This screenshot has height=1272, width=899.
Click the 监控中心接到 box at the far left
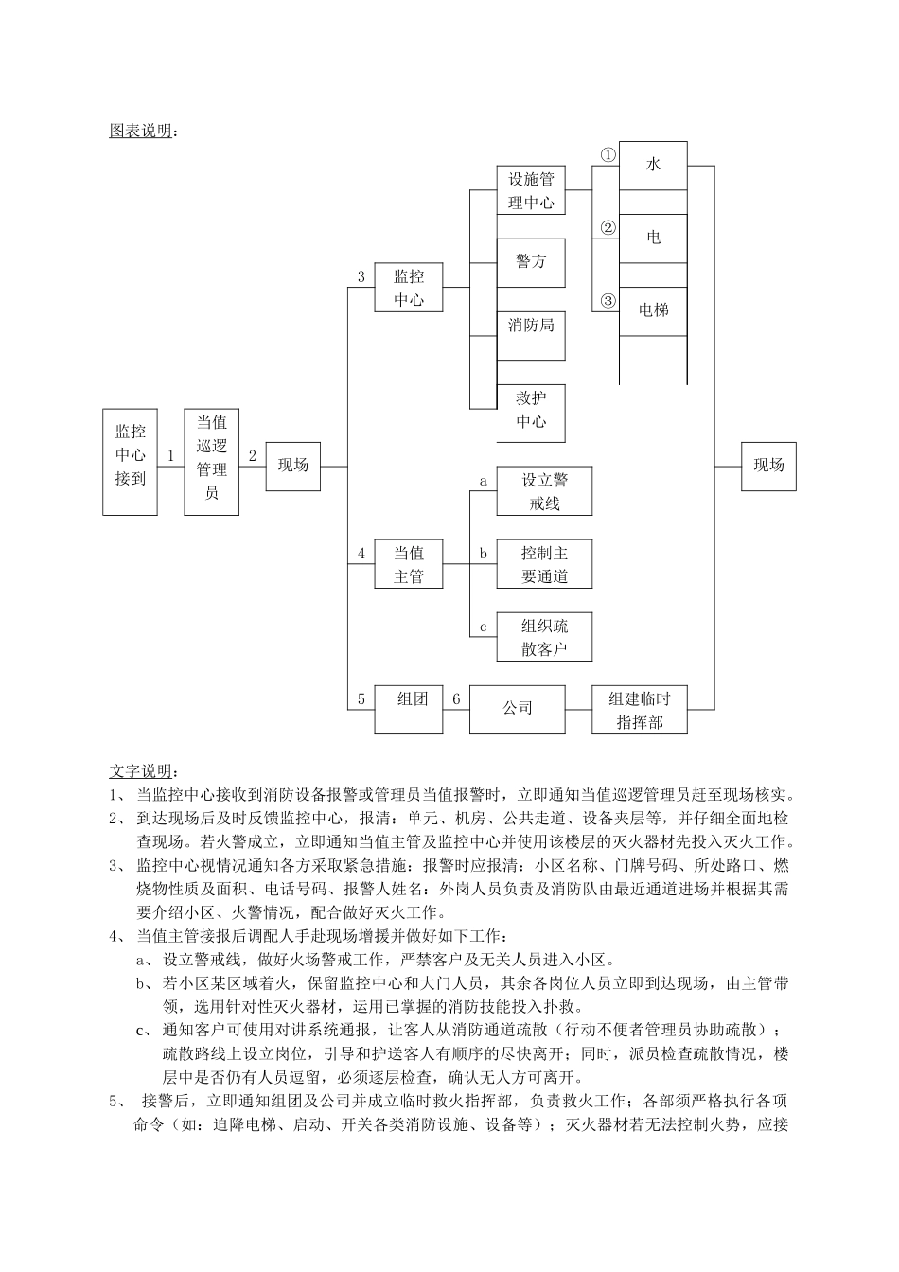point(131,462)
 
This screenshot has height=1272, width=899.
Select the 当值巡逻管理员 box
point(211,462)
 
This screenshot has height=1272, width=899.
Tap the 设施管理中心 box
point(531,190)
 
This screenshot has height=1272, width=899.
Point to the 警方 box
point(531,262)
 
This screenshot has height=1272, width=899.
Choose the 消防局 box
point(531,335)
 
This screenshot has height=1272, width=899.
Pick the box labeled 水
point(653,166)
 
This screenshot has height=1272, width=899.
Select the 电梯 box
point(653,311)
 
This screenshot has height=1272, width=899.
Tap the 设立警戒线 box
point(544,491)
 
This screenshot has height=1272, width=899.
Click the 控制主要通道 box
point(544,564)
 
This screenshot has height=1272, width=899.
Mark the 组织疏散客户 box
point(544,636)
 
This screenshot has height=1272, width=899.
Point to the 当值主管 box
point(409,564)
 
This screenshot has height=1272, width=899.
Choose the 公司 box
point(518,709)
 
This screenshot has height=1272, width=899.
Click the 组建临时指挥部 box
point(639,709)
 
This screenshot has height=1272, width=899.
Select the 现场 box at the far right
point(768,466)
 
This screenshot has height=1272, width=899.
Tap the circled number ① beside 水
point(608,154)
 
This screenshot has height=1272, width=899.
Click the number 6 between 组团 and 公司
point(456,699)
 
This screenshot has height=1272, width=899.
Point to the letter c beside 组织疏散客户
point(483,627)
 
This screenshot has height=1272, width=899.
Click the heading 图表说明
point(142,131)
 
